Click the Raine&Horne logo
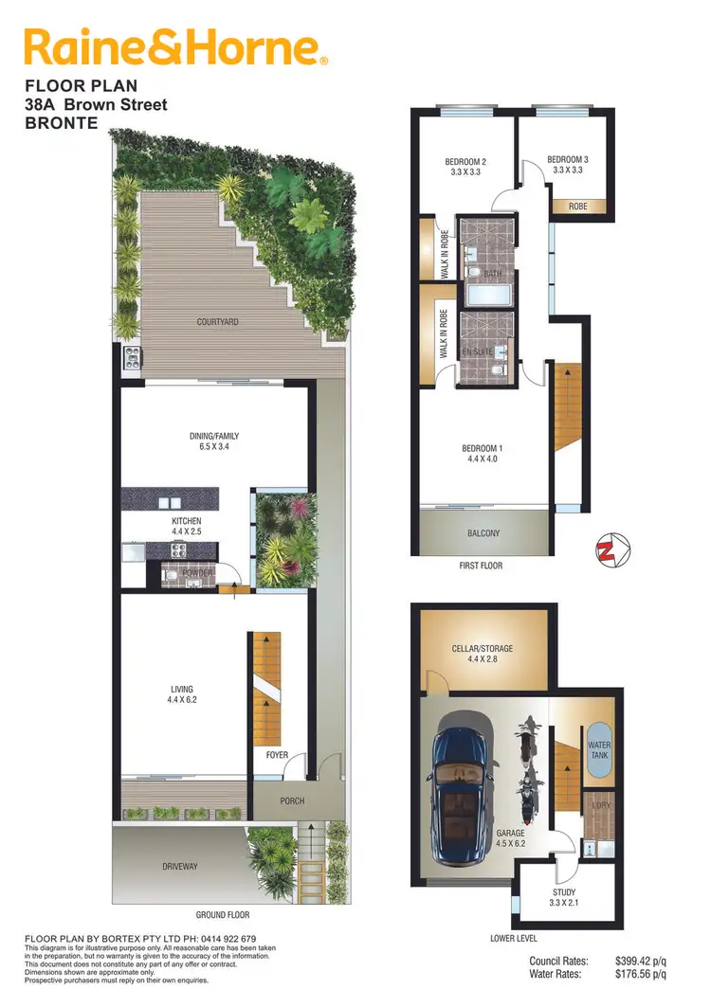[176, 47]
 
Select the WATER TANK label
[599, 751]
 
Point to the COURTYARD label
[217, 322]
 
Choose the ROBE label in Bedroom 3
[577, 206]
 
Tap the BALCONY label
[483, 533]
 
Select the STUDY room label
[564, 892]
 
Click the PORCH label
[292, 801]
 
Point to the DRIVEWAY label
[179, 867]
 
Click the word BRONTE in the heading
[61, 122]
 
